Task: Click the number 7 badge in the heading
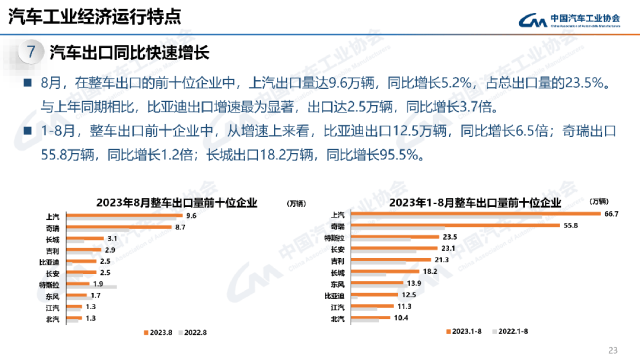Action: pyautogui.click(x=34, y=51)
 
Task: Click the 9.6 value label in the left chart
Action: pyautogui.click(x=190, y=215)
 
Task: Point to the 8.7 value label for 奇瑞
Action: pyautogui.click(x=182, y=227)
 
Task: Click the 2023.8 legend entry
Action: pyautogui.click(x=159, y=331)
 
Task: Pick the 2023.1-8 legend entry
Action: pyautogui.click(x=468, y=331)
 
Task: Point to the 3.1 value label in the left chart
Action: pyautogui.click(x=112, y=239)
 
